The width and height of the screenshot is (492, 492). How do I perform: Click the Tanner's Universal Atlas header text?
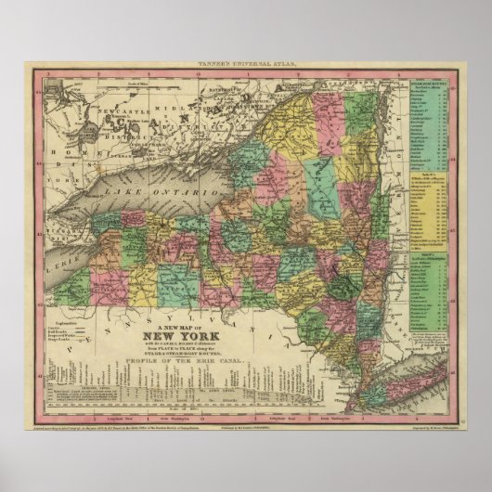[x=245, y=64]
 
